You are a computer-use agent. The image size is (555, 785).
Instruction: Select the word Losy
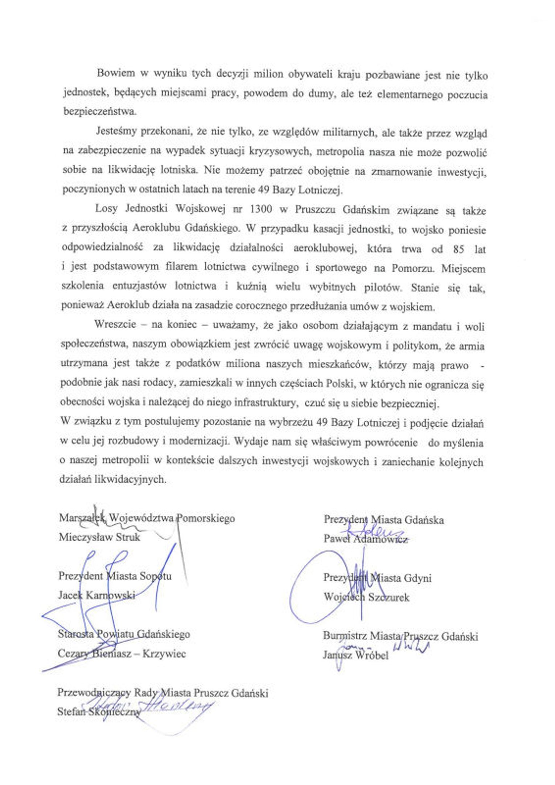[x=107, y=209]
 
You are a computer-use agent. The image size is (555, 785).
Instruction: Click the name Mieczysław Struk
[x=99, y=537]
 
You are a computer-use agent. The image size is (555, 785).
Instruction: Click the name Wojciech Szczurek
[x=366, y=597]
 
